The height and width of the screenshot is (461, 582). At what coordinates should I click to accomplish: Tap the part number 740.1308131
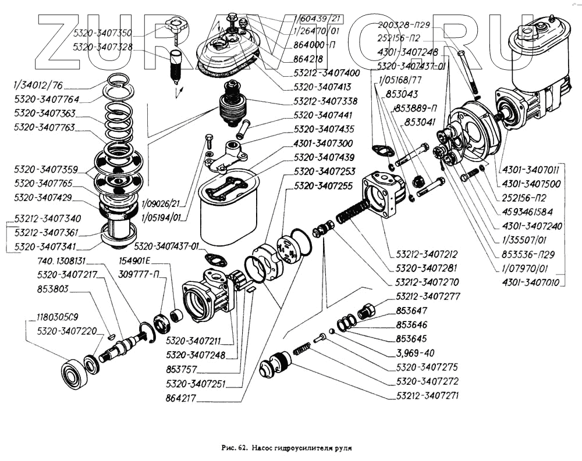click(x=61, y=261)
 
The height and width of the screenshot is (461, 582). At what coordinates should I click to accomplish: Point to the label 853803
click(x=52, y=288)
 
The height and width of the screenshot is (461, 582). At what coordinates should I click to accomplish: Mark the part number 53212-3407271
click(x=428, y=394)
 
